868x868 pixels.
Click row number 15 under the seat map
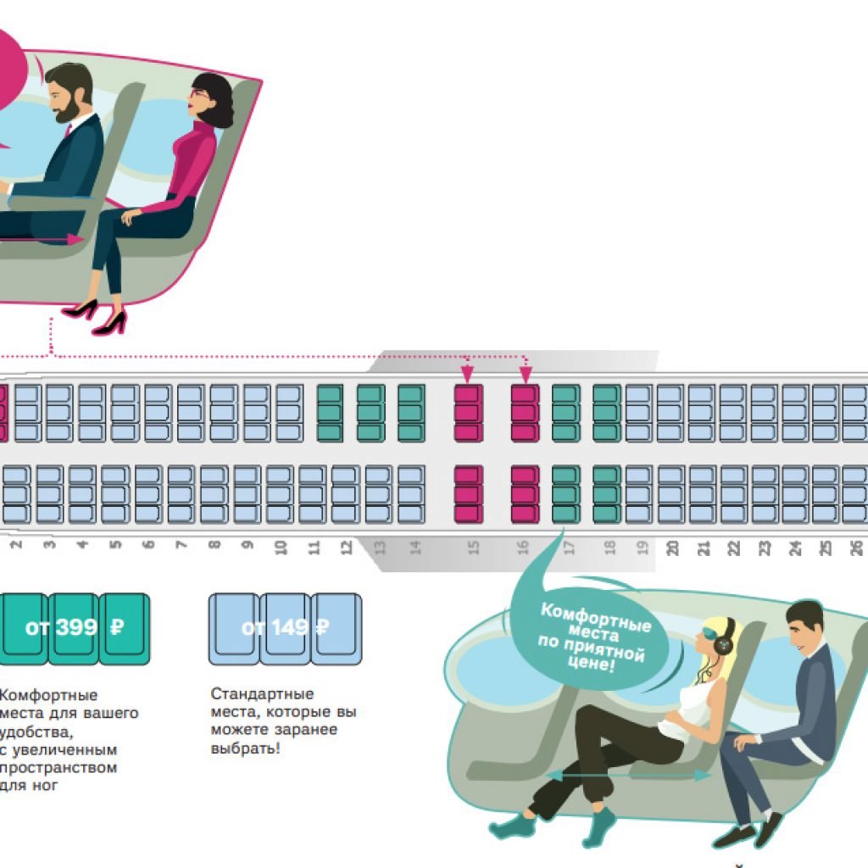[x=474, y=548]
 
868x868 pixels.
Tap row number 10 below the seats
[x=281, y=548]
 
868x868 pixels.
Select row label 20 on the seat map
[x=672, y=548]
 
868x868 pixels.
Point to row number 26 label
[x=856, y=548]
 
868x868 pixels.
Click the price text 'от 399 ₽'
[x=76, y=628]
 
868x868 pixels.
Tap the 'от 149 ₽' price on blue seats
[x=285, y=628]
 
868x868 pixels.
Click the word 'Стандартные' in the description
[x=262, y=694]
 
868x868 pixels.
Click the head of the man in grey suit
[x=803, y=623]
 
